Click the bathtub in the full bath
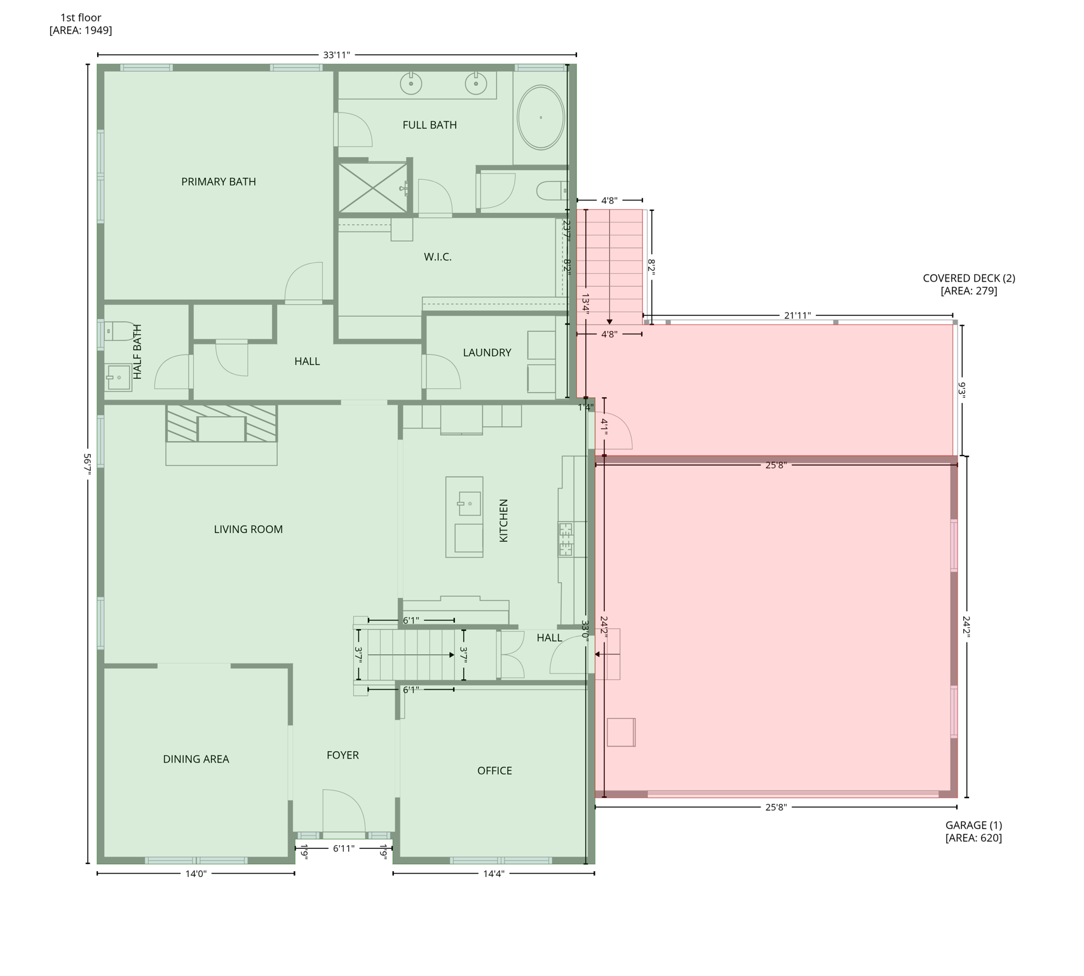point(540,118)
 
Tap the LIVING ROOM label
point(248,529)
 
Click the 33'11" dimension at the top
point(336,55)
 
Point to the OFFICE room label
point(494,771)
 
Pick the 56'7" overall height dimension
point(88,464)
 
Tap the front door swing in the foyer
point(344,810)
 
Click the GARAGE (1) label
point(973,825)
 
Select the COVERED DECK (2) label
point(968,278)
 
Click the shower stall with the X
point(372,187)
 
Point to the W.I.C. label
point(437,257)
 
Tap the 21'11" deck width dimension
point(797,316)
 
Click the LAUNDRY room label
point(487,353)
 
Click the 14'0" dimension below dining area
point(196,874)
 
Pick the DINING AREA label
point(196,759)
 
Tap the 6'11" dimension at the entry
point(344,848)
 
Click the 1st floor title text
point(81,18)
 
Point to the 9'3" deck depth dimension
point(961,390)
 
